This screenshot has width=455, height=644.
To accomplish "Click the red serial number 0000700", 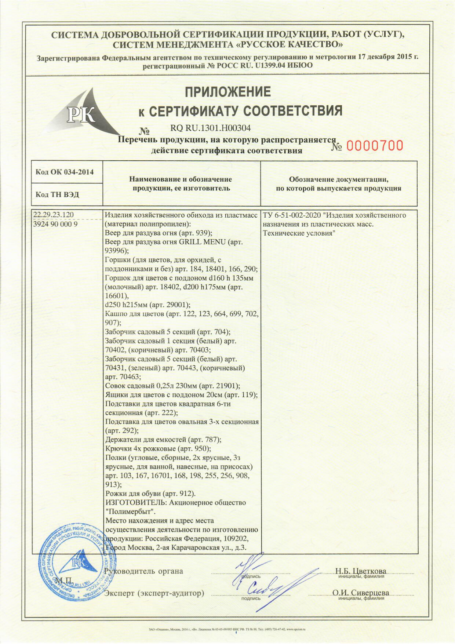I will point(375,146).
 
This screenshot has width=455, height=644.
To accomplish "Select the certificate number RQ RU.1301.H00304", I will point(210,128).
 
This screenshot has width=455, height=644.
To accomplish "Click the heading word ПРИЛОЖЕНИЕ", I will point(227,92).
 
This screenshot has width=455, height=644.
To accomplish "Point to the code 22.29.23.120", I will point(53,215).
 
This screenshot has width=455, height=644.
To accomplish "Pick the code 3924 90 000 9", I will point(55,224).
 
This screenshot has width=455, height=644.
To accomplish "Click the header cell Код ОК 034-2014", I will point(65,172).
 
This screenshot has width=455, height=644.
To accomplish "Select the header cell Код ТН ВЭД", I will point(57,194).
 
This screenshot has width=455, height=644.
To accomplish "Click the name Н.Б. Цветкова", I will point(361,571).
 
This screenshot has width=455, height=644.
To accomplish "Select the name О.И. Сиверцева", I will point(361,593).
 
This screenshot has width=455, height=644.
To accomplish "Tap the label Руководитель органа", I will point(143,571).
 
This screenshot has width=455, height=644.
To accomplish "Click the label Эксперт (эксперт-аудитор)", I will point(154,593).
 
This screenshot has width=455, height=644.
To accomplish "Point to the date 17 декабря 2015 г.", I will point(388,57).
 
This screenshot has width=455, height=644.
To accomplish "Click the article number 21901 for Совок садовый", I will point(227,386).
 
